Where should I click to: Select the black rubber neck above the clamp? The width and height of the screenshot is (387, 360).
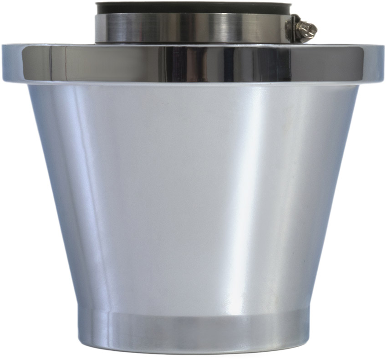(191, 9)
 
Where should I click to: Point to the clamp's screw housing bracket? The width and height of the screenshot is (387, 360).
(294, 27)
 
